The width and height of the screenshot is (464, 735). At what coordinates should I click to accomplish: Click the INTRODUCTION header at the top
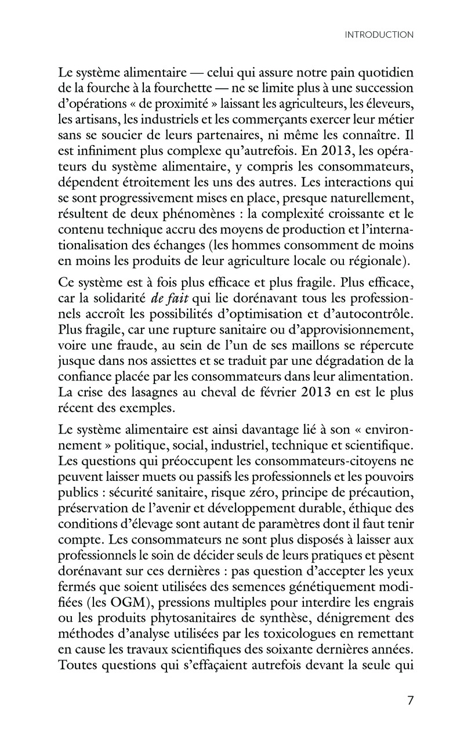pos(379,35)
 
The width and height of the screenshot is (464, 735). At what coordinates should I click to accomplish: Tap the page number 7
pos(410,700)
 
